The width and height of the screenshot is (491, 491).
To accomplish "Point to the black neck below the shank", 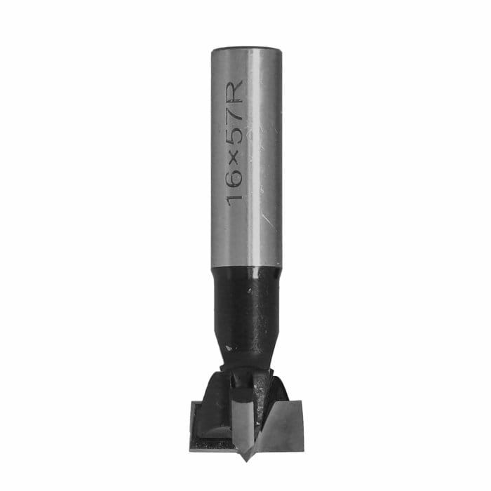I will (245, 309).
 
